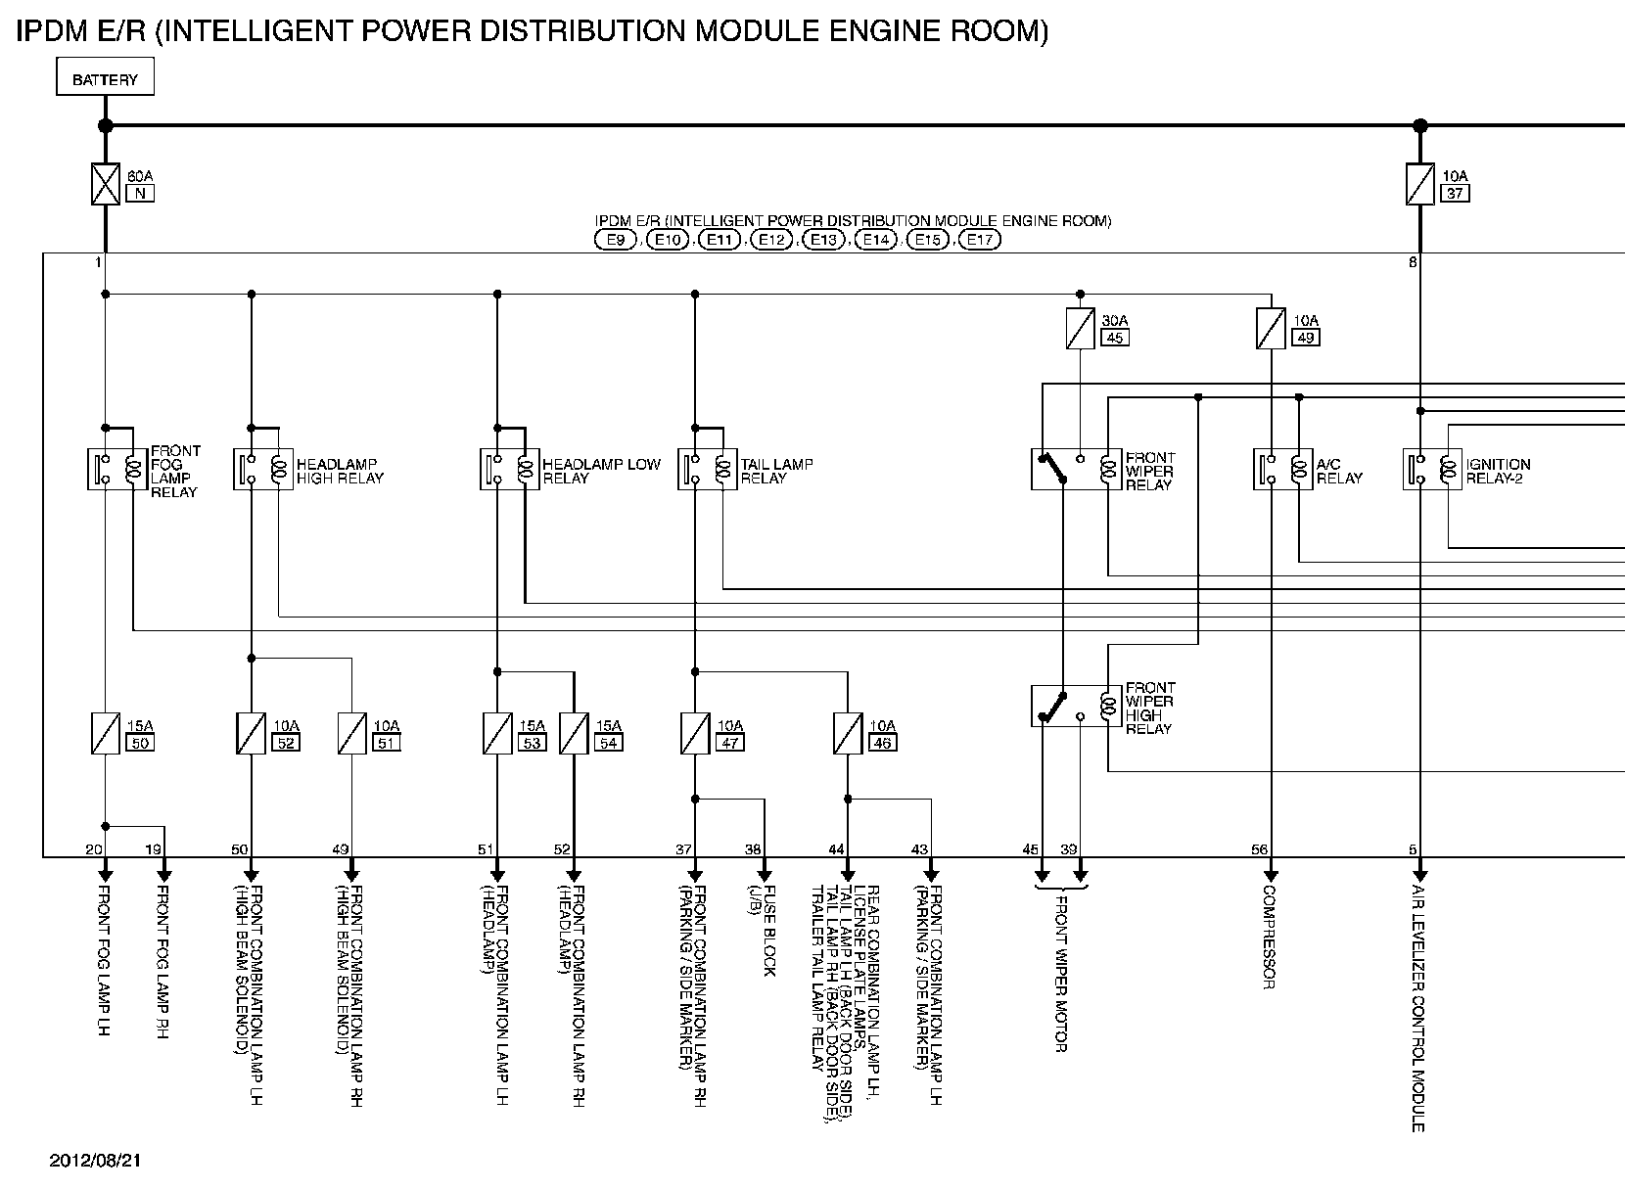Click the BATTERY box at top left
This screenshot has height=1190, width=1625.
[x=105, y=79]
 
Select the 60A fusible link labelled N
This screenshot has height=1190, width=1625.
[x=106, y=184]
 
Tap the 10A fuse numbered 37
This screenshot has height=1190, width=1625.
[x=1420, y=184]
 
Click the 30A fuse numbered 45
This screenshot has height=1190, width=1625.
[x=1080, y=329]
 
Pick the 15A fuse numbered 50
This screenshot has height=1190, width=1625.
[x=106, y=733]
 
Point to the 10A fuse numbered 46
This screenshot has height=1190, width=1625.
[x=848, y=733]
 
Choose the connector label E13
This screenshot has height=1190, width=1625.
[x=822, y=240]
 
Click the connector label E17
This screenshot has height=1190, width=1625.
[x=980, y=240]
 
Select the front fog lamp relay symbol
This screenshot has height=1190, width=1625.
[x=116, y=470]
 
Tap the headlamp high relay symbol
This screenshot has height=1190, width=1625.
[x=263, y=470]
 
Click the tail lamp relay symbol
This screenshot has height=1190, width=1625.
[x=707, y=470]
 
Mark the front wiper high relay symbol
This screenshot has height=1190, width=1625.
[x=1076, y=706]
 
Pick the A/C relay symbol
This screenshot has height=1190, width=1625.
[x=1282, y=470]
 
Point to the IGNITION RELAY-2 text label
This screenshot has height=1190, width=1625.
[x=1498, y=471]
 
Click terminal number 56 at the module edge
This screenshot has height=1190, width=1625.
[x=1259, y=849]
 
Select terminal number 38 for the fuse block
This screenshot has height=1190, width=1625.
[x=753, y=849]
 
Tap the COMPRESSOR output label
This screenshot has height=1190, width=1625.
[x=1269, y=938]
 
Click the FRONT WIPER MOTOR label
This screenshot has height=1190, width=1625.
[x=1060, y=974]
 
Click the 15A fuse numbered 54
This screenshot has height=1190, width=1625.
[x=574, y=733]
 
